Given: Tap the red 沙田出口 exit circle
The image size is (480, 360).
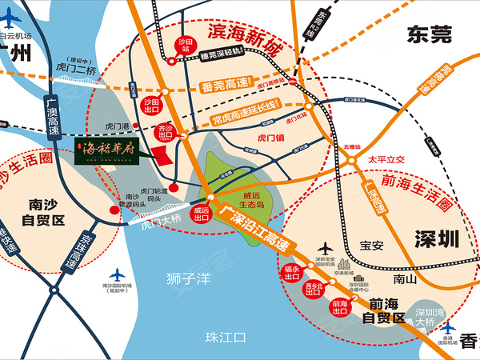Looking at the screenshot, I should (151, 106).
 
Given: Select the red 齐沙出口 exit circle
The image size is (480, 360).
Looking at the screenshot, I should (166, 130).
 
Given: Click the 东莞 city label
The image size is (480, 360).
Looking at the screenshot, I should (429, 34).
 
